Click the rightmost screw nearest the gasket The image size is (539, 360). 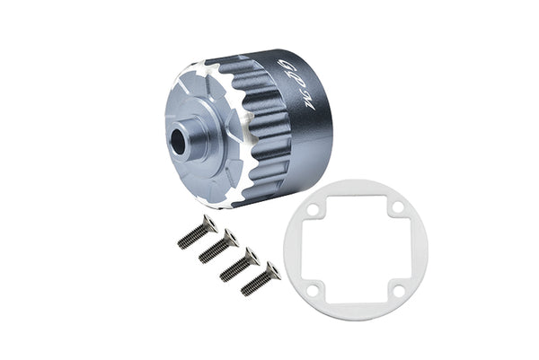261,278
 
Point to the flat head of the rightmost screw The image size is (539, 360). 272,268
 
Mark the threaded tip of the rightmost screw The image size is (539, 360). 246,290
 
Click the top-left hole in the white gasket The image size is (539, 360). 312,212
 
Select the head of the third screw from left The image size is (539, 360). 251,255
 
